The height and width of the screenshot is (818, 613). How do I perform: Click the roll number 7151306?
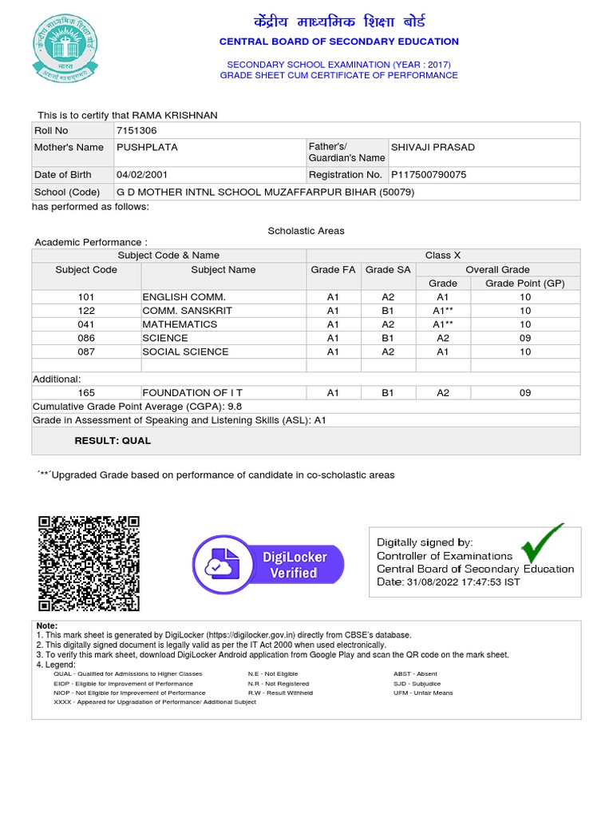pyautogui.click(x=136, y=130)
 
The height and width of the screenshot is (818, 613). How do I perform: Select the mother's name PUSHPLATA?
pyautogui.click(x=147, y=147)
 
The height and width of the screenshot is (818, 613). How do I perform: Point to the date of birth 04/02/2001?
pyautogui.click(x=142, y=174)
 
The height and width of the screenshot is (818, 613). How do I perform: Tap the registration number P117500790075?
pyautogui.click(x=429, y=174)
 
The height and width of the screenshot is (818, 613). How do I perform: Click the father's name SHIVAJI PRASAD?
pyautogui.click(x=432, y=147)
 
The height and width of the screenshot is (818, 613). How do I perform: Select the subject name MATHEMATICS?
pyautogui.click(x=180, y=324)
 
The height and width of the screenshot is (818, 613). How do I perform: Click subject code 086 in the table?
pyautogui.click(x=86, y=338)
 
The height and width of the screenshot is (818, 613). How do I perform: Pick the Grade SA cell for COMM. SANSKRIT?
pyautogui.click(x=388, y=311)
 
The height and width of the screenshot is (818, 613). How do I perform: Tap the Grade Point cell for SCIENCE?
pyautogui.click(x=525, y=338)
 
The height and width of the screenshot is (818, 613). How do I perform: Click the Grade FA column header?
pyautogui.click(x=333, y=270)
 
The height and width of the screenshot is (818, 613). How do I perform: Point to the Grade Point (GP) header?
pyautogui.click(x=525, y=284)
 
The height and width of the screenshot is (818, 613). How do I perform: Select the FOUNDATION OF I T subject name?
pyautogui.click(x=192, y=392)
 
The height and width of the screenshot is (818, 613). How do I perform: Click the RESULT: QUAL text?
pyautogui.click(x=113, y=440)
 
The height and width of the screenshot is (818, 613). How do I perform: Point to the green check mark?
pyautogui.click(x=542, y=543)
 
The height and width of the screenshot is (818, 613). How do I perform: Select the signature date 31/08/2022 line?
pyautogui.click(x=448, y=582)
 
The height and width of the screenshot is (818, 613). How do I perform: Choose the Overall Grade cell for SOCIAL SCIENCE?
pyautogui.click(x=443, y=351)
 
